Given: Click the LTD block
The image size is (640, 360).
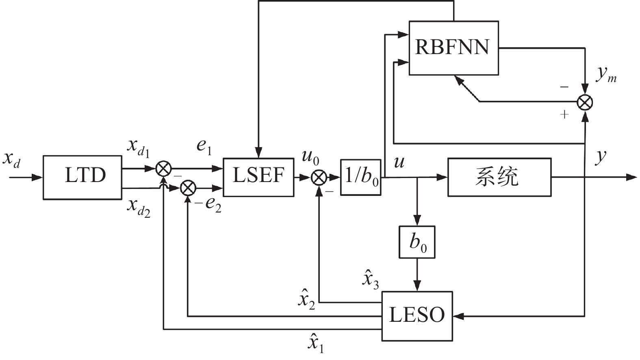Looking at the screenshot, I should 82,177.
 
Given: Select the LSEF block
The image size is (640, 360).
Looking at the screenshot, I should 258,177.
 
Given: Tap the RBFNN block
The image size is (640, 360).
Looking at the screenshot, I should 453,48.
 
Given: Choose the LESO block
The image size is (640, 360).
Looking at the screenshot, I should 417,316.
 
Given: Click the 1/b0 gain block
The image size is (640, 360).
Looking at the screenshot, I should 361,177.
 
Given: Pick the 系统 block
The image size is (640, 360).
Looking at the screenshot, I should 499,177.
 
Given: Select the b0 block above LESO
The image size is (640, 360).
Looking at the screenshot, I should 417,242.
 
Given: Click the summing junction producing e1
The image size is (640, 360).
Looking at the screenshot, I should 164,168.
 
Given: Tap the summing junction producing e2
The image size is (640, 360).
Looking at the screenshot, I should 188,188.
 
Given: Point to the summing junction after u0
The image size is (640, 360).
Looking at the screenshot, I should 319,177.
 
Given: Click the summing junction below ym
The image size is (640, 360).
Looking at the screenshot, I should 585,102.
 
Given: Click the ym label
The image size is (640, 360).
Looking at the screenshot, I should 606,76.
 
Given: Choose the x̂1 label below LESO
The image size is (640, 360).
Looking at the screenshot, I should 316,344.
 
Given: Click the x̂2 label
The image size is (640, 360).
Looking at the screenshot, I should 307,300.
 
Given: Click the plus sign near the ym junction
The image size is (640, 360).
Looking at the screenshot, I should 564,115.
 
